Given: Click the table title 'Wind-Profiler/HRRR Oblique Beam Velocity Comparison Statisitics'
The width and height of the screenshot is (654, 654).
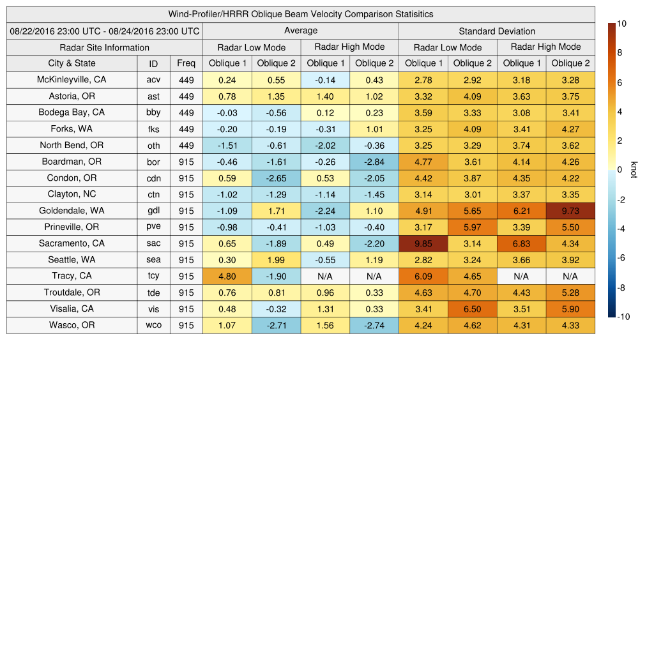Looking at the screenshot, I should pyautogui.click(x=301, y=14).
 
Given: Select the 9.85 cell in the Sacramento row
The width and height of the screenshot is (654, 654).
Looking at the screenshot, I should pyautogui.click(x=423, y=243).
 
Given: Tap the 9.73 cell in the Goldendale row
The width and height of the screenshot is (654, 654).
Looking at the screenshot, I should pyautogui.click(x=570, y=211).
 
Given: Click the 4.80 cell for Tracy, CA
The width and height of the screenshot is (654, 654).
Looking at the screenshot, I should pyautogui.click(x=227, y=277).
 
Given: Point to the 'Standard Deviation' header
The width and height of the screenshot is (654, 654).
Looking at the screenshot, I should pyautogui.click(x=497, y=31).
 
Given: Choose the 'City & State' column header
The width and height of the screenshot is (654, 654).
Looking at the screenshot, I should pyautogui.click(x=72, y=63).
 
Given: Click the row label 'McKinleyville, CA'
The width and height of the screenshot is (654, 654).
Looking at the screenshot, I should pyautogui.click(x=72, y=80).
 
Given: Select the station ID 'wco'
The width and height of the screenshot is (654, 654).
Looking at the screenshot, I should pyautogui.click(x=153, y=325).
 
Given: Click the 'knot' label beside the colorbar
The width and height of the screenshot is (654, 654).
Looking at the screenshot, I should pyautogui.click(x=634, y=171).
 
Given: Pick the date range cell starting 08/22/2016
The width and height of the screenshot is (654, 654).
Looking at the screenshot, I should pyautogui.click(x=105, y=31).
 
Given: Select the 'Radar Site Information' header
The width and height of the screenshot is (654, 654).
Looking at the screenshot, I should pyautogui.click(x=105, y=47).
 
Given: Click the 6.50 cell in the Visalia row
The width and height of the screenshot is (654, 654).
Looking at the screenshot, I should pyautogui.click(x=472, y=309).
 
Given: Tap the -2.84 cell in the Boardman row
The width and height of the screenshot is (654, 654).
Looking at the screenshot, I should pyautogui.click(x=374, y=162).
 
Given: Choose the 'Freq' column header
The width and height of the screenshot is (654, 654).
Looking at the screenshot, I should pyautogui.click(x=186, y=63).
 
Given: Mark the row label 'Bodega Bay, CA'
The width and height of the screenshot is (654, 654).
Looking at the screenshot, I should pyautogui.click(x=72, y=112).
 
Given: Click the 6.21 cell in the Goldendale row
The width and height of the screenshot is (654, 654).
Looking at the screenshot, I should pyautogui.click(x=521, y=211).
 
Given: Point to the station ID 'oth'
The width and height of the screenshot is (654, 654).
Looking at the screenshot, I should pyautogui.click(x=153, y=146).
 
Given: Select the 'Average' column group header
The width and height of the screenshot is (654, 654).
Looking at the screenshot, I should pyautogui.click(x=301, y=31).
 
